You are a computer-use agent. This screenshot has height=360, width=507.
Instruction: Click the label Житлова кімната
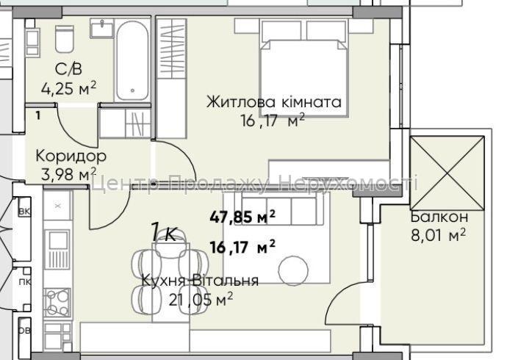pyautogui.click(x=273, y=102)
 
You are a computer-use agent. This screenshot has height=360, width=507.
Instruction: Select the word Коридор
pyautogui.click(x=71, y=156)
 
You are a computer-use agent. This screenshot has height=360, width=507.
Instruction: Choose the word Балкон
pyautogui.click(x=439, y=217)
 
